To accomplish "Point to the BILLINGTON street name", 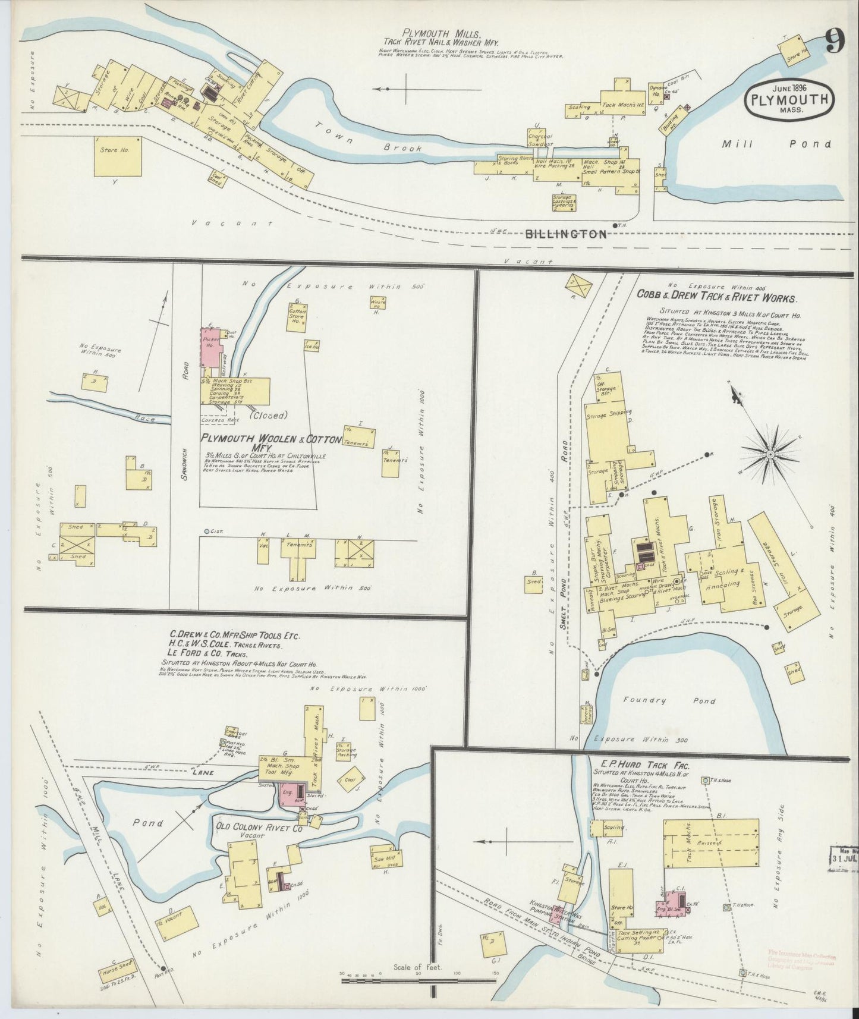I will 567,234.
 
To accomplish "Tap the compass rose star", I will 770,454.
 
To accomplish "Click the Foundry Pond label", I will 678,701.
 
